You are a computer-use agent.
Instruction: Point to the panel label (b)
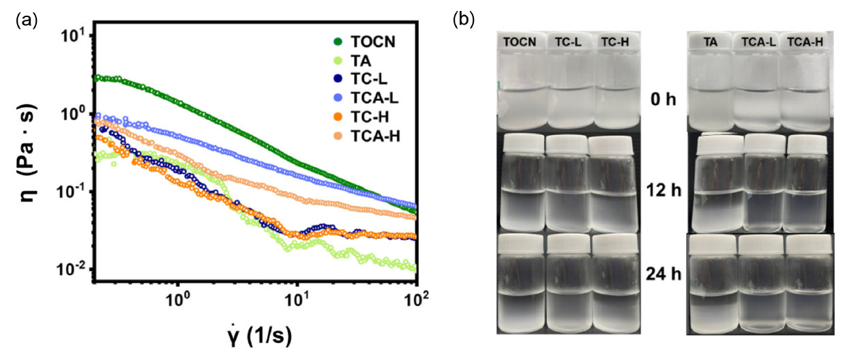tap(464, 19)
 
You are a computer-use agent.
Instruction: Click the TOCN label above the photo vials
tap(520, 42)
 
